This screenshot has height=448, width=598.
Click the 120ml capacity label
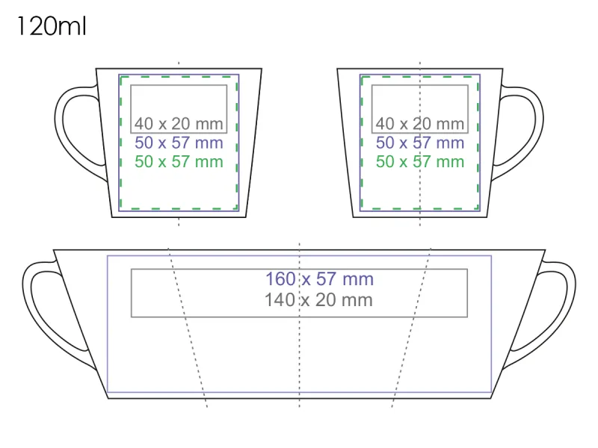[52, 27]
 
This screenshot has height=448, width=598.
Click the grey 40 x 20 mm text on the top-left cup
[179, 124]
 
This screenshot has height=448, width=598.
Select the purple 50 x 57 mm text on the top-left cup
[179, 143]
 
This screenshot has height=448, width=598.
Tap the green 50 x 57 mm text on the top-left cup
[179, 162]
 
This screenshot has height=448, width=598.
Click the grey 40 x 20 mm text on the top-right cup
[419, 124]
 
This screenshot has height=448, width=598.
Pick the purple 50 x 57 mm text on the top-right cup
[419, 143]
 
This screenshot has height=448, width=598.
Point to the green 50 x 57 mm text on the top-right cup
[419, 162]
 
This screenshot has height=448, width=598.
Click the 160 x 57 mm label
[319, 279]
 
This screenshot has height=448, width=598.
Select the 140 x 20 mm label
[318, 300]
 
